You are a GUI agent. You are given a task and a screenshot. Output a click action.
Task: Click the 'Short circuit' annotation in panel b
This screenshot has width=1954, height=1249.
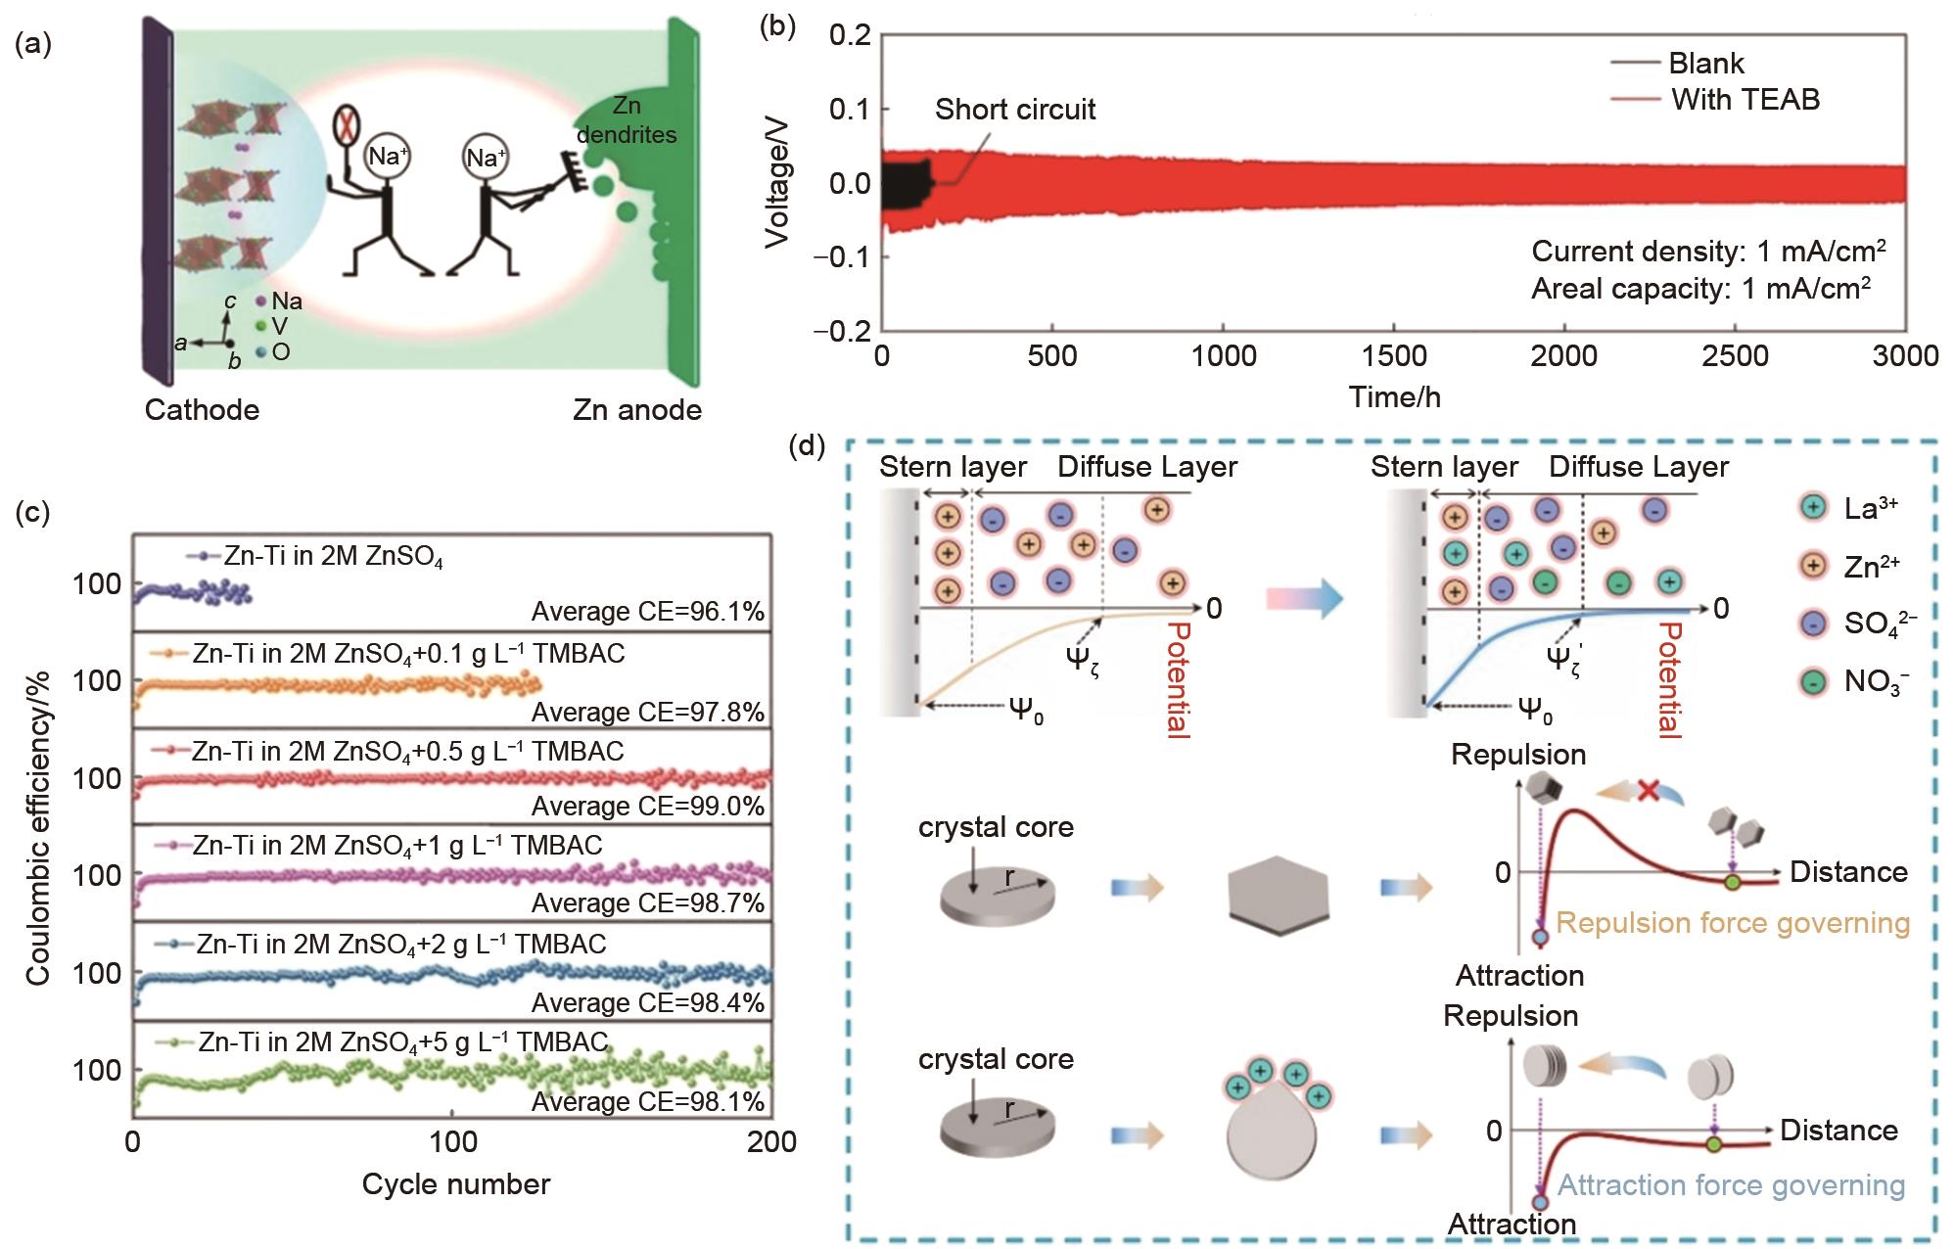coord(1015,110)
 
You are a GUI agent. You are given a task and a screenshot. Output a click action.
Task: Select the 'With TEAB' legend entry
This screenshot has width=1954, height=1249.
coord(1745,99)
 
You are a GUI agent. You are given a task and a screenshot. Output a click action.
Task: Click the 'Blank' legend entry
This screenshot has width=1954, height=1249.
coord(1706,64)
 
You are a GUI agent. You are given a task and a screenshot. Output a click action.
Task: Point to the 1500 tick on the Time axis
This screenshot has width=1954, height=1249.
coord(1394,355)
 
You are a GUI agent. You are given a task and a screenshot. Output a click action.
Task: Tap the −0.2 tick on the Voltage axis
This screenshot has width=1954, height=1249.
coord(843,331)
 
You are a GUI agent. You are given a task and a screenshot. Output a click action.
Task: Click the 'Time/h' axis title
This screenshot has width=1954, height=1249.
coord(1394,396)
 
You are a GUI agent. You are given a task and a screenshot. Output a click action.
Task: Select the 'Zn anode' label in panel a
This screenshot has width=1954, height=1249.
coord(637,409)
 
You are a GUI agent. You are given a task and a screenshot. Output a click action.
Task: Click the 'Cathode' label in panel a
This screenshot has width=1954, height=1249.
coord(202,409)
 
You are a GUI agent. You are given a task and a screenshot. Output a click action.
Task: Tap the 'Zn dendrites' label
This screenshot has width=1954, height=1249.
coord(627,121)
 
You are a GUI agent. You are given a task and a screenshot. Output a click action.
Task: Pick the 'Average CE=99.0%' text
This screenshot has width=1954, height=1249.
coord(648,807)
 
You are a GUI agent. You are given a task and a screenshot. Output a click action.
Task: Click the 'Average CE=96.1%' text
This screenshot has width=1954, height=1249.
coord(648,612)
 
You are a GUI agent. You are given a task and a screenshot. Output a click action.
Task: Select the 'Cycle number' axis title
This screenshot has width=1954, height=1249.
coord(456,1184)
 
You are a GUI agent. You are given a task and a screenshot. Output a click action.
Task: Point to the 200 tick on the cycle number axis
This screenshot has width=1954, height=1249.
coord(771,1142)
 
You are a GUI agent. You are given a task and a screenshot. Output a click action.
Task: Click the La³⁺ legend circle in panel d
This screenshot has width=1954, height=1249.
coord(1813,507)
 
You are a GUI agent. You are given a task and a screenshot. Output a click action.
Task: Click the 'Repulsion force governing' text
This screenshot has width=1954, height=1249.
coord(1733,923)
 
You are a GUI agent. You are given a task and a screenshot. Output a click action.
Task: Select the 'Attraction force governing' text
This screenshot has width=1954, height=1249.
coord(1731,1185)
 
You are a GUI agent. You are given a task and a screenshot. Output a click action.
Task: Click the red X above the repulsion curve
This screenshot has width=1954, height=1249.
coord(1648,791)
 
